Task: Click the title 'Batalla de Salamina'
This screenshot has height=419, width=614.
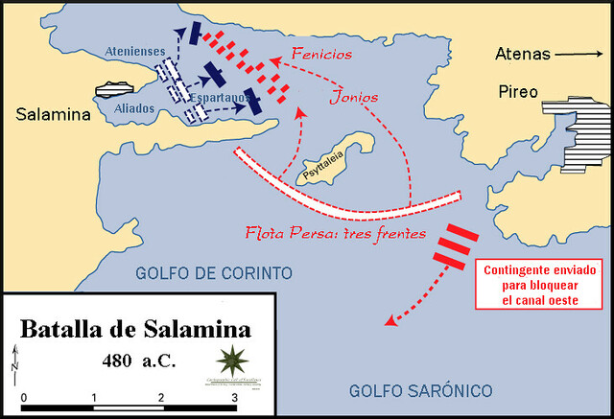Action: (134, 330)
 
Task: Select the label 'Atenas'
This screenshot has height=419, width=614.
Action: (524, 54)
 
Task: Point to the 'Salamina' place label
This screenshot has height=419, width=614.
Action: (51, 115)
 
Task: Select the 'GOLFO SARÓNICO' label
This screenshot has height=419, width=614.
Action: (420, 390)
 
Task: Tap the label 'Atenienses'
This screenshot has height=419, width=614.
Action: (134, 52)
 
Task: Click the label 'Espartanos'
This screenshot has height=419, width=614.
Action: (221, 98)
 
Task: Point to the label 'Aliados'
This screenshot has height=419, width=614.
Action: (134, 109)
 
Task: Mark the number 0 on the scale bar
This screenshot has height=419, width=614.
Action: (23, 396)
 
